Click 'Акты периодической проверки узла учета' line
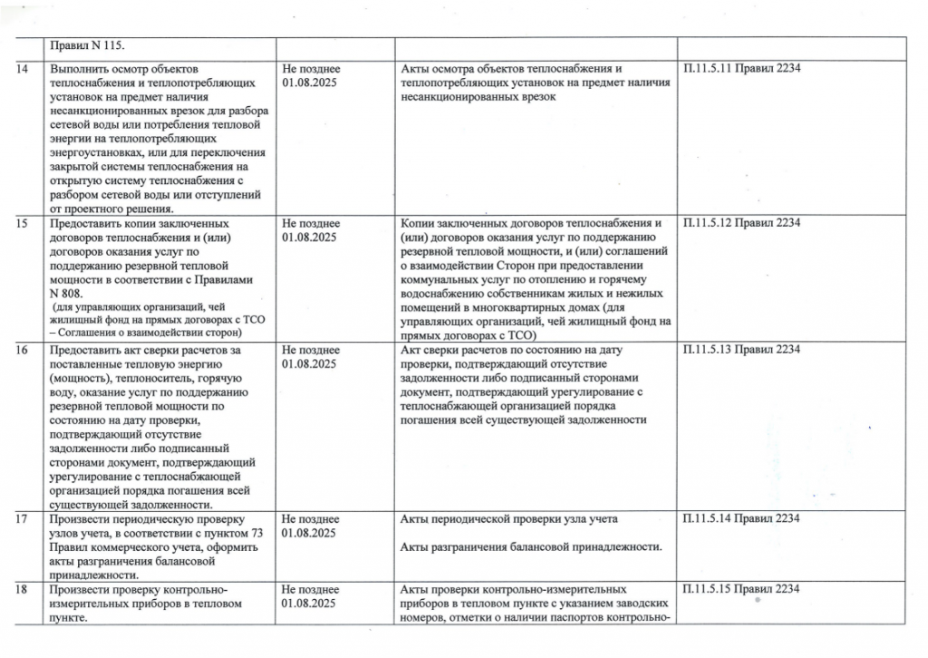point(507,518)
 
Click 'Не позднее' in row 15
point(311,224)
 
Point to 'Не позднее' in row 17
point(311,518)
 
